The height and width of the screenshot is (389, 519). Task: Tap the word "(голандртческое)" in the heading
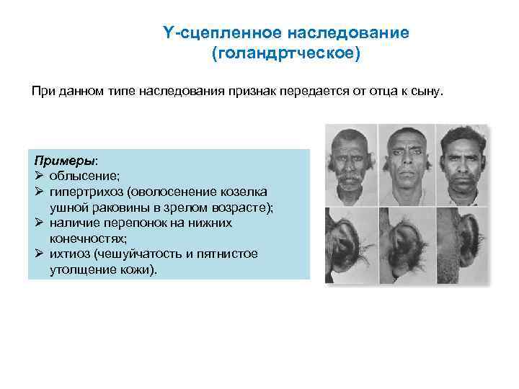(x=285, y=54)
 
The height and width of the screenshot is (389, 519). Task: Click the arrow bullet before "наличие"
(x=40, y=223)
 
